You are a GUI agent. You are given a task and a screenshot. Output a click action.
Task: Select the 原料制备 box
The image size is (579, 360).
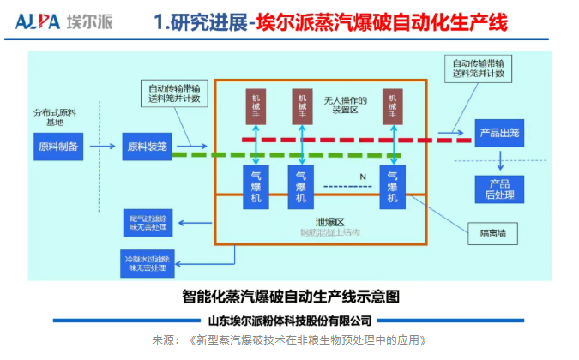tap(59, 147)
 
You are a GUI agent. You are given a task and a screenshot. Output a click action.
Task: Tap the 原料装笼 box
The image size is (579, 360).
tap(148, 147)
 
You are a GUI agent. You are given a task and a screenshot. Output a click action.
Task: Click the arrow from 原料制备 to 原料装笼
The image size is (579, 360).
tap(103, 147)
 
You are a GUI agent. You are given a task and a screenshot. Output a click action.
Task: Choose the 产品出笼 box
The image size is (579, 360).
tap(498, 133)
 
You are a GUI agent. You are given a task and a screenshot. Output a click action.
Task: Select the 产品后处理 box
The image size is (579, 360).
tap(499, 189)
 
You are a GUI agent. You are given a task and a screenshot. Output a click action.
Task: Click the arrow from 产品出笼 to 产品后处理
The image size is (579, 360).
tap(499, 160)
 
